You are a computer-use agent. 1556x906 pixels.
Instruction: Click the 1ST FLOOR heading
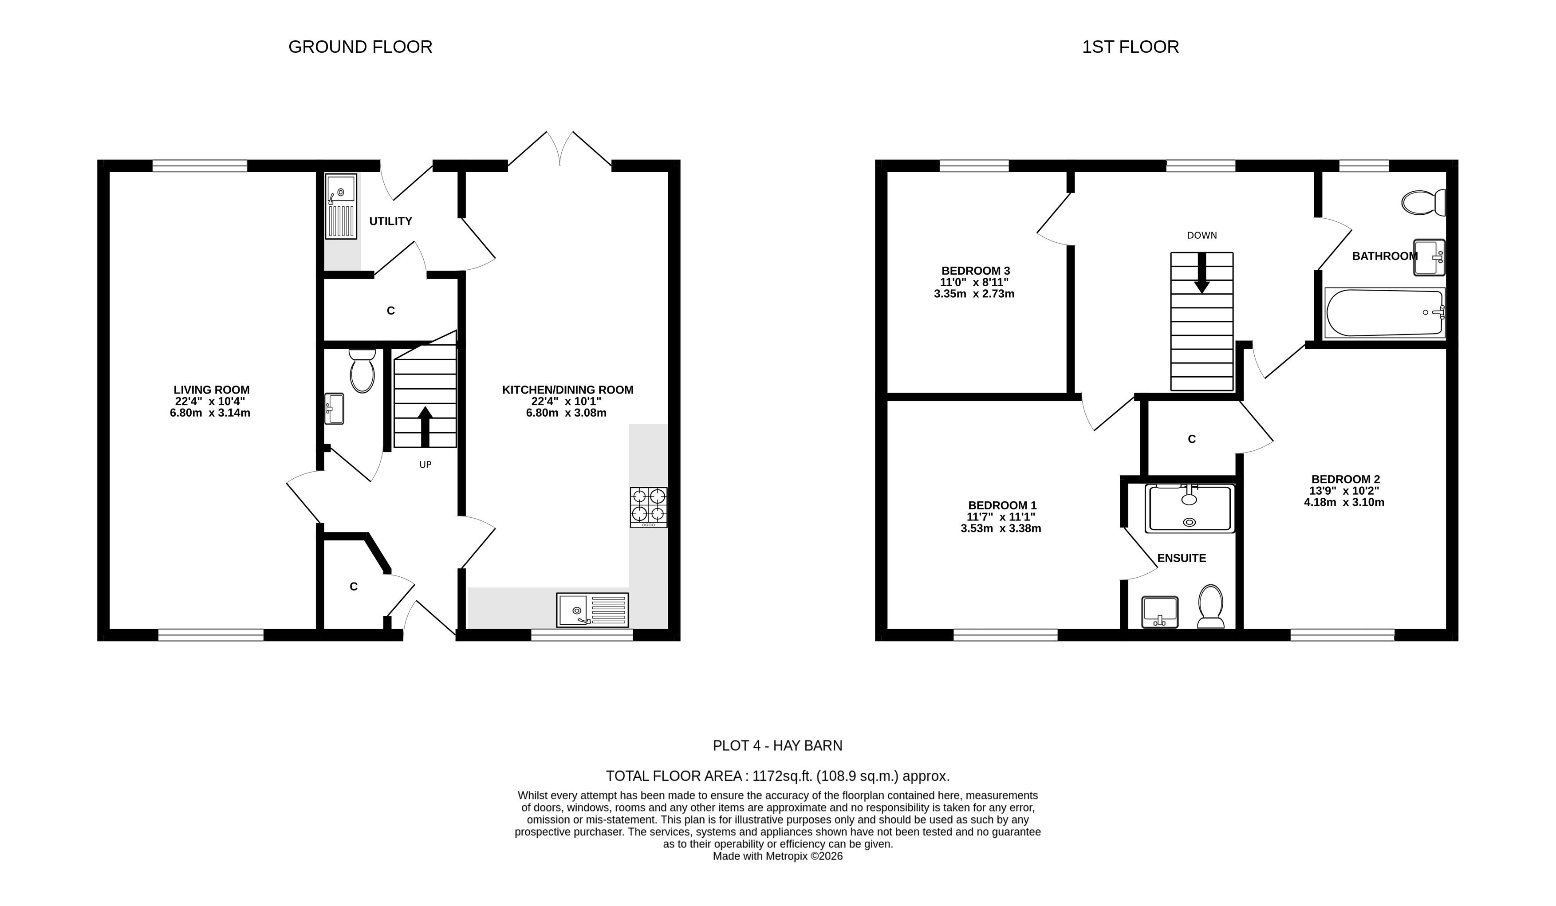point(1130,47)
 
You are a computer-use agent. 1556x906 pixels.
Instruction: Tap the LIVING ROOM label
point(211,390)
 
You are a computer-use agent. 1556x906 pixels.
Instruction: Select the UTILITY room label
point(390,221)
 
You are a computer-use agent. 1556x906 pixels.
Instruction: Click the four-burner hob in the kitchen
point(648,507)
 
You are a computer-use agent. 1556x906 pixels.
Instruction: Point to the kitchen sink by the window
point(592,610)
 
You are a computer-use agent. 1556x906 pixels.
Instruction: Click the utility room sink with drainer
point(341,206)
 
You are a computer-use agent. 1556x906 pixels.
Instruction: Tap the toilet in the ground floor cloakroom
point(362,370)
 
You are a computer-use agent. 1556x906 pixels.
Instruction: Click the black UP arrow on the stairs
point(425,426)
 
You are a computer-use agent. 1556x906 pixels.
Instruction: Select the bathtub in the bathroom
point(1384,313)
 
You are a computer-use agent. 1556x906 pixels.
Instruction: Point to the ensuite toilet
point(1211,607)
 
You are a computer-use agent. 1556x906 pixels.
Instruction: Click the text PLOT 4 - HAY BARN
point(777,745)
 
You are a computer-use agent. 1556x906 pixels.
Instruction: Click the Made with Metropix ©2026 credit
point(777,856)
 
